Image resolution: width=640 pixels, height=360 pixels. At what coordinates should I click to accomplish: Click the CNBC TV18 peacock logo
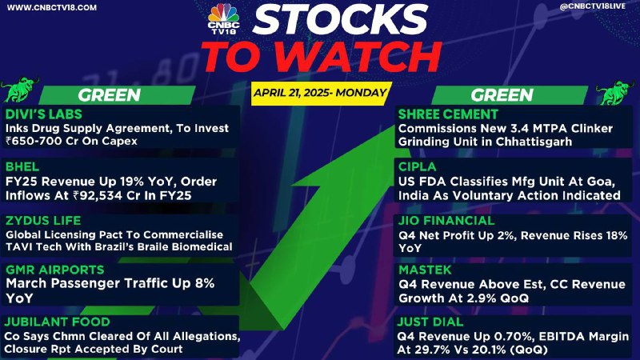pyautogui.click(x=223, y=18)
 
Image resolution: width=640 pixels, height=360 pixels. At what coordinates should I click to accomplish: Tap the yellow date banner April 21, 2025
pyautogui.click(x=321, y=93)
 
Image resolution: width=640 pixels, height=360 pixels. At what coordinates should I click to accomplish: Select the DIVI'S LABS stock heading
pyautogui.click(x=44, y=114)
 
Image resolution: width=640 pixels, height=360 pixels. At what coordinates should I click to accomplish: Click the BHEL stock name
pyautogui.click(x=22, y=166)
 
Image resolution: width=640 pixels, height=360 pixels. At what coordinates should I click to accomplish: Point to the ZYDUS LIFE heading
pyautogui.click(x=43, y=221)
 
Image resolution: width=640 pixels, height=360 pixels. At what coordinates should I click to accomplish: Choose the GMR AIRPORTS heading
pyautogui.click(x=54, y=270)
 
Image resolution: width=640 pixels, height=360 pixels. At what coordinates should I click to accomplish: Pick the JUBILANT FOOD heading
pyautogui.click(x=57, y=322)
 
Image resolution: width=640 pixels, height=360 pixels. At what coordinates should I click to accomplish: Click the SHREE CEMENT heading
pyautogui.click(x=448, y=114)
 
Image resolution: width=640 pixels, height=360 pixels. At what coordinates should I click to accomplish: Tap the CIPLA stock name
pyautogui.click(x=417, y=166)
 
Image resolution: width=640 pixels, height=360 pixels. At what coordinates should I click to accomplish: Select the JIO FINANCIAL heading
pyautogui.click(x=446, y=221)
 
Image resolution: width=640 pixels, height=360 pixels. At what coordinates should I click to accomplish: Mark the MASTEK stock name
pyautogui.click(x=425, y=270)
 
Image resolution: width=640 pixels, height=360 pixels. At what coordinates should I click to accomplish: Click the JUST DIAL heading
pyautogui.click(x=430, y=322)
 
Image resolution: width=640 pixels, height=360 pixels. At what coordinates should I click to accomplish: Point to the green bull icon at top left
pyautogui.click(x=19, y=89)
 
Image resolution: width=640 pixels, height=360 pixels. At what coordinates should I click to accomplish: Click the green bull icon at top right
pyautogui.click(x=616, y=92)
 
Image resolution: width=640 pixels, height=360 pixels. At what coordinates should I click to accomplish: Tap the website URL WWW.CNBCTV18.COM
pyautogui.click(x=52, y=7)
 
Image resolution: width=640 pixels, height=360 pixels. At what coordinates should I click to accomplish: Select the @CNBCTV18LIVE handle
pyautogui.click(x=592, y=6)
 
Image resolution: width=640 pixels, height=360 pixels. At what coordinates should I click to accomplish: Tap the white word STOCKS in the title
pyautogui.click(x=339, y=18)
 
